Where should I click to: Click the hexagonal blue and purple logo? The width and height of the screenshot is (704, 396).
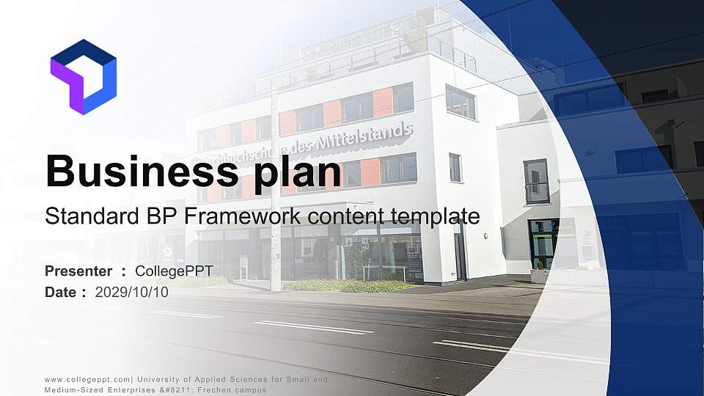[x=83, y=76]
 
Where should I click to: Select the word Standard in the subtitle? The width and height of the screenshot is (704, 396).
[x=81, y=216]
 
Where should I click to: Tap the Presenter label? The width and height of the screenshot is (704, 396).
[x=78, y=271]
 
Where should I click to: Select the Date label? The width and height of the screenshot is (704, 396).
[x=61, y=292]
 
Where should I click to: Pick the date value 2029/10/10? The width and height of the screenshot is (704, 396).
[x=132, y=292]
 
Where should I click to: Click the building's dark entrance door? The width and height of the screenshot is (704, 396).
[x=460, y=252]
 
